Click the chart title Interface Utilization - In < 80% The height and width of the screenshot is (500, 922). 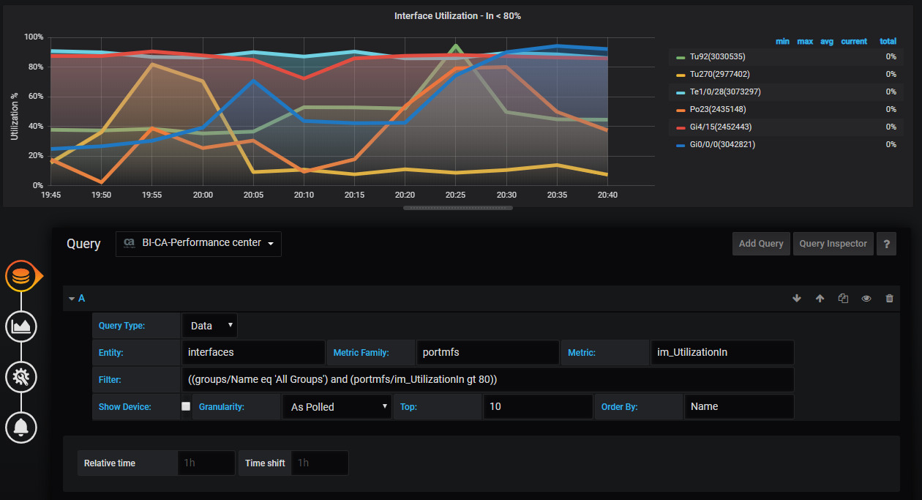(457, 15)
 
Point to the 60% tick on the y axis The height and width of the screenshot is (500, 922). (34, 97)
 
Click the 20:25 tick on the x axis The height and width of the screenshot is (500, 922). (455, 195)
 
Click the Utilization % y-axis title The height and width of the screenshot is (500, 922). (15, 117)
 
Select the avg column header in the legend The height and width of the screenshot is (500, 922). (826, 42)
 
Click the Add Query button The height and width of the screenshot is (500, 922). (761, 244)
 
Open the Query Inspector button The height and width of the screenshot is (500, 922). (833, 244)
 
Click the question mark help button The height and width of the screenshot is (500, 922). (886, 244)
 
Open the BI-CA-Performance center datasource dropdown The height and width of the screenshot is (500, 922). (198, 243)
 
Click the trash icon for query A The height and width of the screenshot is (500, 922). (889, 299)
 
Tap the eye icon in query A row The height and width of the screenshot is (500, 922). (866, 299)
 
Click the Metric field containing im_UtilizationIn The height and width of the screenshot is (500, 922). (722, 352)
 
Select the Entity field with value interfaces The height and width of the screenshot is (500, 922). (252, 352)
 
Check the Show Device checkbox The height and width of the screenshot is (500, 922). (186, 406)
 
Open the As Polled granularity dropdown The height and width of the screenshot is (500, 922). (337, 407)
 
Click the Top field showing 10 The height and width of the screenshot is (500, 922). (537, 406)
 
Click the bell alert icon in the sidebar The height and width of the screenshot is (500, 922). (21, 427)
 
